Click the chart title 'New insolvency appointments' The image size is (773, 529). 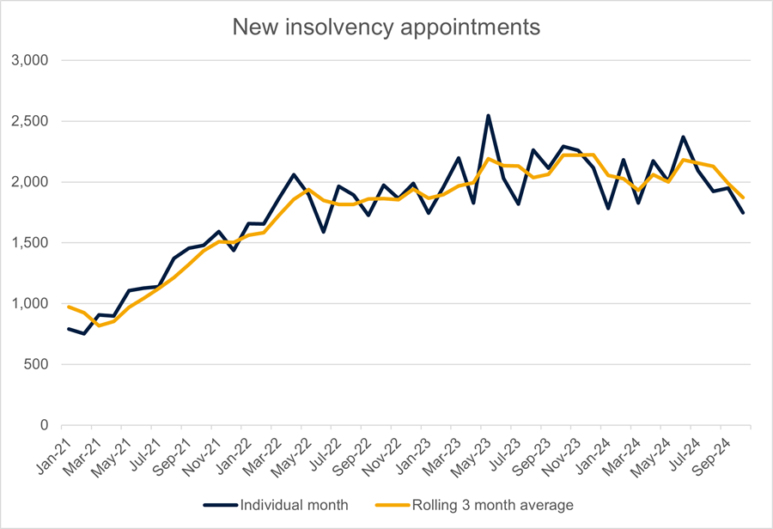pos(386,27)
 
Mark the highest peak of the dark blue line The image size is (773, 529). pos(488,115)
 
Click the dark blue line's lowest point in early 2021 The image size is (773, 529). pos(83,333)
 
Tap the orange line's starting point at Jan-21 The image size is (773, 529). pos(69,307)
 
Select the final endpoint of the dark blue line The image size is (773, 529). pos(743,212)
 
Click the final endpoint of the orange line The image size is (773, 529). pos(743,198)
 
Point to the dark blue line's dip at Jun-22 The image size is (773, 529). pos(323,232)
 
